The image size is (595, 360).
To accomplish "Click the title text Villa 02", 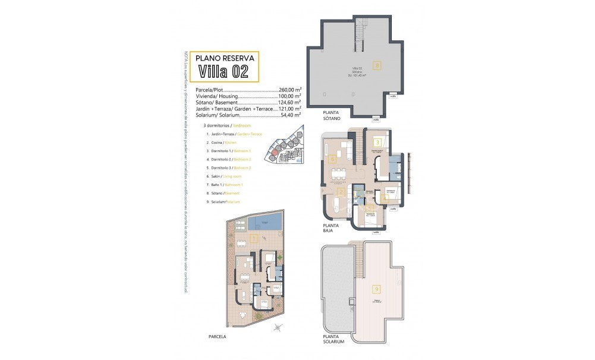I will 223,72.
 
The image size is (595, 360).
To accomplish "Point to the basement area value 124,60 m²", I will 290,102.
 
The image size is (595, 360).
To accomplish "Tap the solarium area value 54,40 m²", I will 290,115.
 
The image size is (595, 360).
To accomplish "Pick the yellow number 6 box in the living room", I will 332,159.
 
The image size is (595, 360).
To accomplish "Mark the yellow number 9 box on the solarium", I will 376,289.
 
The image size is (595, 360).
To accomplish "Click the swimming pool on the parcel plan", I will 263,223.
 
